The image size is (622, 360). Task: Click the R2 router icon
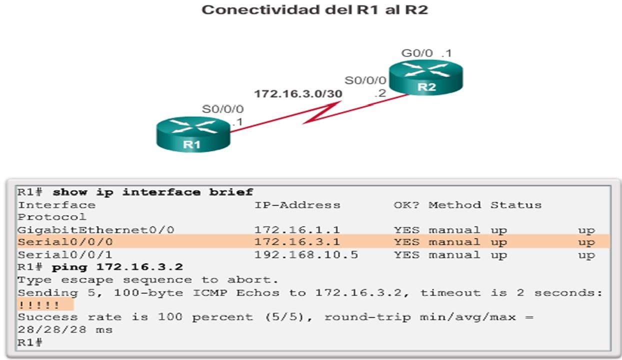(426, 77)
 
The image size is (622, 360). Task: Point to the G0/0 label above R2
(417, 52)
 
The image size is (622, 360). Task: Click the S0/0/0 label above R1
(222, 108)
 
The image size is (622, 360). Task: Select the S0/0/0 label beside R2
(365, 80)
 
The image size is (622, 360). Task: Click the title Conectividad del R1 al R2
(314, 9)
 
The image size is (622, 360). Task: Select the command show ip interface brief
(152, 192)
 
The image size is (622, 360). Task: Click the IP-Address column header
(297, 205)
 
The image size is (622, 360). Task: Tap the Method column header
(454, 205)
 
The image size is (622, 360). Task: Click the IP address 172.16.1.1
(297, 230)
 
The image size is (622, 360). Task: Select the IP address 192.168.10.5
(306, 255)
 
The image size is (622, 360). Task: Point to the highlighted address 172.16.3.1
(297, 242)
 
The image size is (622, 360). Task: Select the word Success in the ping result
(48, 317)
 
